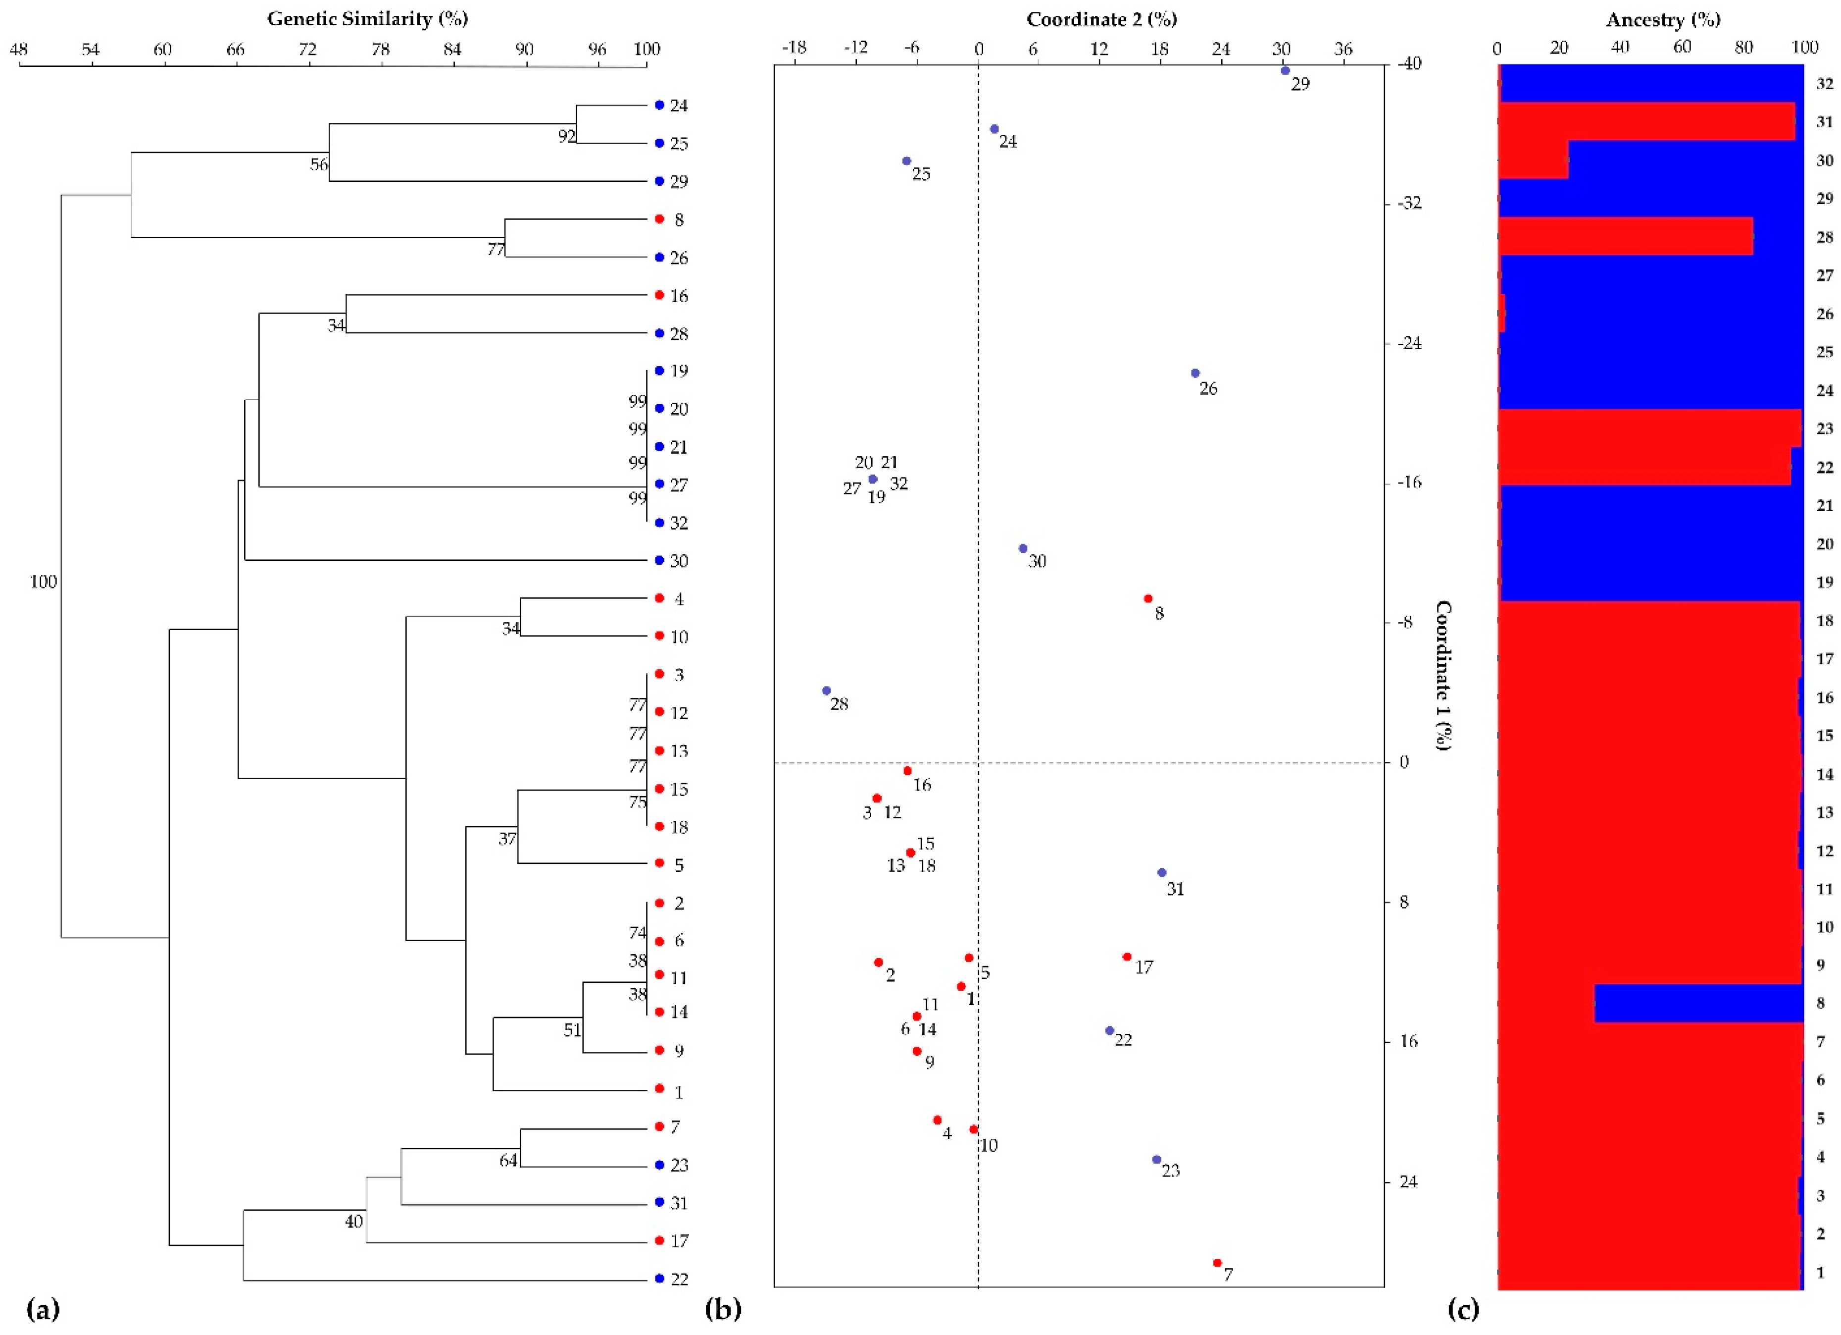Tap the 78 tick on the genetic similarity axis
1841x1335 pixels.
tap(380, 51)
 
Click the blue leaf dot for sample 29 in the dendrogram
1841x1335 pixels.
tap(659, 181)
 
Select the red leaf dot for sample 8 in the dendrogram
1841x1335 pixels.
tap(659, 219)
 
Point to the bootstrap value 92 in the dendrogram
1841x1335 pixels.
tap(566, 136)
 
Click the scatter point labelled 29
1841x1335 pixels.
tap(1285, 71)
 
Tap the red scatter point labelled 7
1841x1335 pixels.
tap(1217, 1263)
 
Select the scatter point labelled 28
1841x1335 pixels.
tap(826, 690)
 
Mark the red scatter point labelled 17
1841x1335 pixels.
tap(1127, 957)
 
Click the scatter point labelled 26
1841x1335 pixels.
tap(1195, 373)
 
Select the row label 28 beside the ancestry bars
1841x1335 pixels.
tap(1824, 238)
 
